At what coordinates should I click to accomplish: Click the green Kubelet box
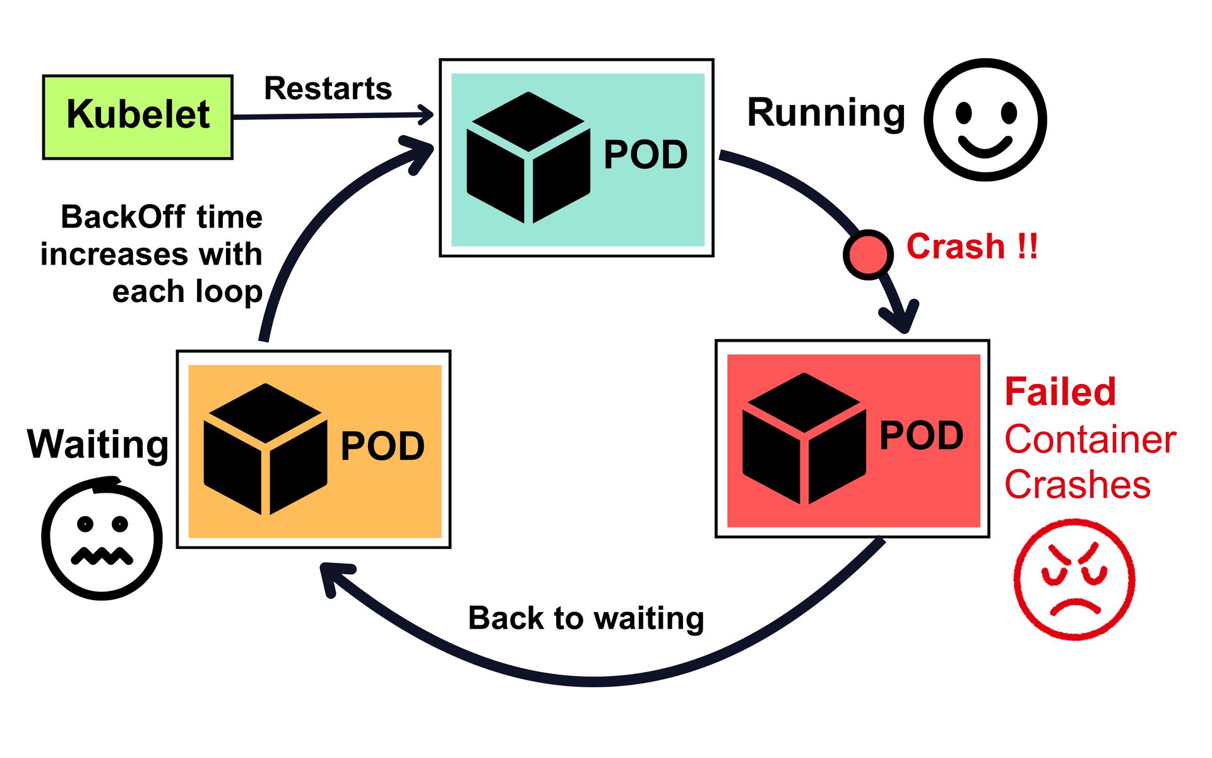pyautogui.click(x=138, y=117)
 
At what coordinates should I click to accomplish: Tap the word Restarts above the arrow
pyautogui.click(x=328, y=88)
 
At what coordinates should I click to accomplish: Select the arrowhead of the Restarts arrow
pyautogui.click(x=426, y=114)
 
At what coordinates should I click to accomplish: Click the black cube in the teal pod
pyautogui.click(x=528, y=158)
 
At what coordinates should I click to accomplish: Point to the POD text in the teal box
pyautogui.click(x=645, y=155)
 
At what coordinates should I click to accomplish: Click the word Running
pyautogui.click(x=826, y=114)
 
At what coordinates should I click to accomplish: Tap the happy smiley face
pyautogui.click(x=985, y=120)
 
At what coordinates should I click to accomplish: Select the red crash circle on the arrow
pyautogui.click(x=868, y=254)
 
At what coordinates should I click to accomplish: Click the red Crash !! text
pyautogui.click(x=971, y=246)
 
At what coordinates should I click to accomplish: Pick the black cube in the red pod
pyautogui.click(x=804, y=438)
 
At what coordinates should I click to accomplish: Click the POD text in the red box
pyautogui.click(x=921, y=436)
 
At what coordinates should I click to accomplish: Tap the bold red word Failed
pyautogui.click(x=1060, y=392)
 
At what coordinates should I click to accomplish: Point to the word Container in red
pyautogui.click(x=1090, y=439)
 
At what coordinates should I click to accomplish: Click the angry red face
pyautogui.click(x=1074, y=579)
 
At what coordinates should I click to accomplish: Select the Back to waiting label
pyautogui.click(x=585, y=618)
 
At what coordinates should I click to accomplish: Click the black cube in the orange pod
pyautogui.click(x=265, y=449)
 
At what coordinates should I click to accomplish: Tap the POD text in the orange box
pyautogui.click(x=382, y=447)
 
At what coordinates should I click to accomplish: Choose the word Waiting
pyautogui.click(x=98, y=445)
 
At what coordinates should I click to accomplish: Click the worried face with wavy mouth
pyautogui.click(x=102, y=538)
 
